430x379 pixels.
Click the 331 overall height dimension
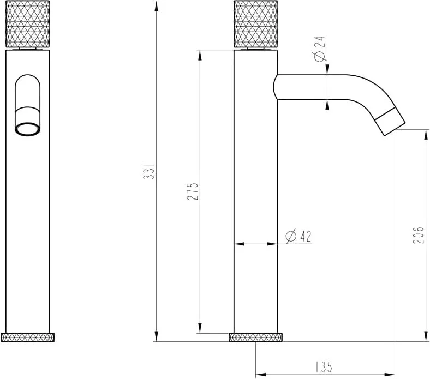coord(149,171)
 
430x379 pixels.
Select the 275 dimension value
coord(192,191)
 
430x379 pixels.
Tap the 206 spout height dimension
coord(418,235)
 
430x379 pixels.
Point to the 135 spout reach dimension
coord(324,367)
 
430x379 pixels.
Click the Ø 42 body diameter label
coord(298,237)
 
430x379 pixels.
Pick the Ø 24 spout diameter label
coord(319,49)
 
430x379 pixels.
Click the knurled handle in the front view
coord(27,24)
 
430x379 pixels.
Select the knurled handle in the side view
coord(255,24)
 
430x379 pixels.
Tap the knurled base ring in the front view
coord(27,338)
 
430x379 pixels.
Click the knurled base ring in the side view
coord(255,338)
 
